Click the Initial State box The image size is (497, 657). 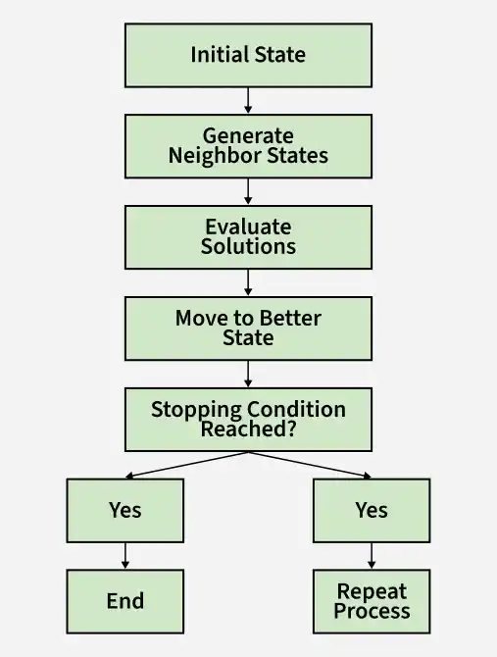pyautogui.click(x=248, y=55)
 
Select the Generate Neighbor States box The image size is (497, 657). pyautogui.click(x=248, y=146)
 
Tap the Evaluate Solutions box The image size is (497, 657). pyautogui.click(x=248, y=237)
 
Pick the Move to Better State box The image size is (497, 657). pyautogui.click(x=248, y=328)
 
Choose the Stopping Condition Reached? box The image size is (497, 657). pyautogui.click(x=248, y=420)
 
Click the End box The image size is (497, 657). pyautogui.click(x=125, y=601)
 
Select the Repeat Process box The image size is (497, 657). pyautogui.click(x=372, y=601)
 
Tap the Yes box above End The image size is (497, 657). pyautogui.click(x=125, y=510)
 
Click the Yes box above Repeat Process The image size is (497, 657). pyautogui.click(x=372, y=510)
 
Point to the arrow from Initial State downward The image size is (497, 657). pyautogui.click(x=248, y=101)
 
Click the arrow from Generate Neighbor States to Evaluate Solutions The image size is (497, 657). pyautogui.click(x=248, y=191)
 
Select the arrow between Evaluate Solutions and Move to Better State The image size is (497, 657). pyautogui.click(x=248, y=282)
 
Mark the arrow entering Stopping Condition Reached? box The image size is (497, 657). pyautogui.click(x=248, y=374)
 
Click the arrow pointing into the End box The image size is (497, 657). pyautogui.click(x=125, y=556)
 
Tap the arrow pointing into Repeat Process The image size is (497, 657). pyautogui.click(x=372, y=556)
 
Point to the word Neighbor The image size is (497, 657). pyautogui.click(x=215, y=156)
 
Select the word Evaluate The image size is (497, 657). pyautogui.click(x=248, y=227)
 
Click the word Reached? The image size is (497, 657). pyautogui.click(x=248, y=429)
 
